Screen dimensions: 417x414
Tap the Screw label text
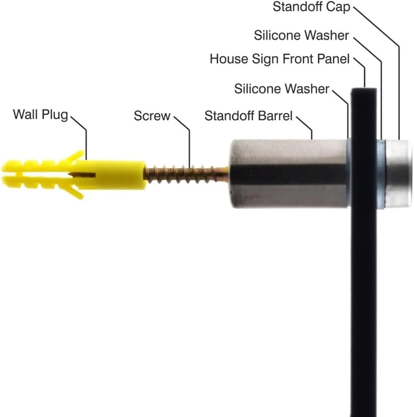pos(152,116)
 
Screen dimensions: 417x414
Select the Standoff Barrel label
pos(248,116)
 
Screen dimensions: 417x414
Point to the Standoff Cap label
pos(311,7)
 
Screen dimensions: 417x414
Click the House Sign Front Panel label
pos(280,59)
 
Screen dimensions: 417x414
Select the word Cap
pos(338,7)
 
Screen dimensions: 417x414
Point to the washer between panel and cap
pos(380,174)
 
